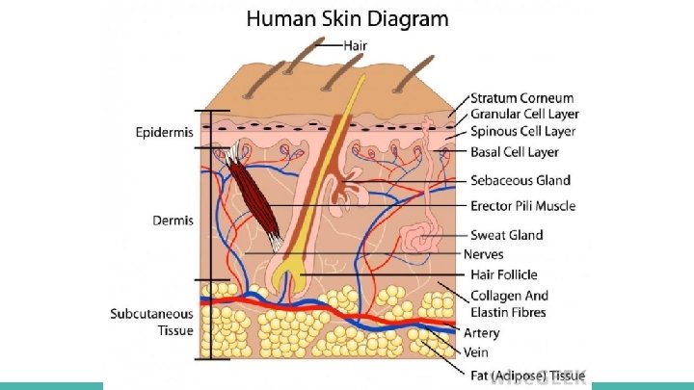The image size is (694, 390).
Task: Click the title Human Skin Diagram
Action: pyautogui.click(x=347, y=18)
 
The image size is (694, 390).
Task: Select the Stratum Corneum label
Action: pyautogui.click(x=521, y=98)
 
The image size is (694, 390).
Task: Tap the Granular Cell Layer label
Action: pyautogui.click(x=522, y=115)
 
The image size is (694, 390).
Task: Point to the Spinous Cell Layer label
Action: pyautogui.click(x=522, y=132)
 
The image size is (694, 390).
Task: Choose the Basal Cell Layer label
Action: pyautogui.click(x=515, y=152)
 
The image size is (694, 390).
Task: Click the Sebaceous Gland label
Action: pyautogui.click(x=520, y=180)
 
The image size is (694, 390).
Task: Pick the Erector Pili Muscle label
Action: pyautogui.click(x=523, y=206)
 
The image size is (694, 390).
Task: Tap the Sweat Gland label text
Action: pyautogui.click(x=507, y=235)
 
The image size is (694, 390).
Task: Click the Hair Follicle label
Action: pyautogui.click(x=504, y=275)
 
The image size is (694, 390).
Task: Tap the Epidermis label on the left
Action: pyautogui.click(x=164, y=132)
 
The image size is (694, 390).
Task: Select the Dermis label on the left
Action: pyautogui.click(x=173, y=221)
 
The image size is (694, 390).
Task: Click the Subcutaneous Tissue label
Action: pyautogui.click(x=152, y=322)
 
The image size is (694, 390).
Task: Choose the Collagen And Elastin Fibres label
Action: pyautogui.click(x=509, y=303)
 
